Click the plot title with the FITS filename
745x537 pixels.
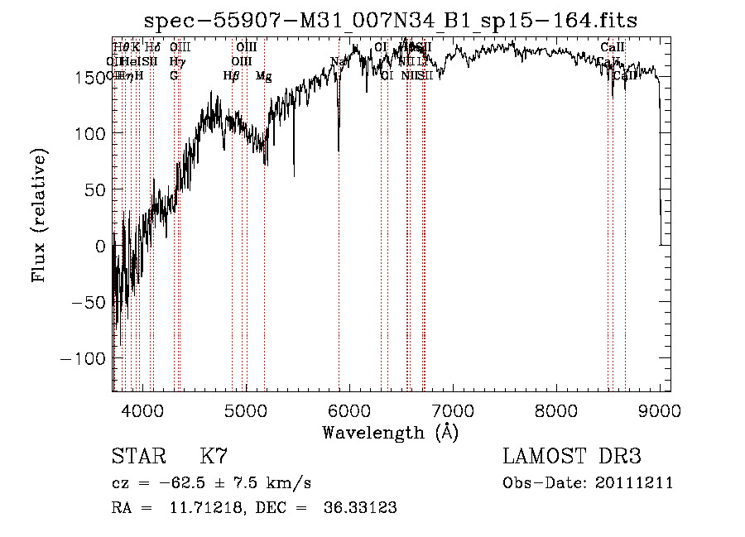pyautogui.click(x=390, y=20)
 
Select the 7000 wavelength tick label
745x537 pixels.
pyautogui.click(x=452, y=410)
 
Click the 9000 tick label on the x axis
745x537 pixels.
pyautogui.click(x=659, y=410)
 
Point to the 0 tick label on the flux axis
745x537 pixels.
pyautogui.click(x=101, y=246)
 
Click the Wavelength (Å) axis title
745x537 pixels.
pyautogui.click(x=390, y=432)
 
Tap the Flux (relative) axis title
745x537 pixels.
pyautogui.click(x=40, y=215)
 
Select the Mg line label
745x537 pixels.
pyautogui.click(x=263, y=76)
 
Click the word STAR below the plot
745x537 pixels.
pyautogui.click(x=137, y=457)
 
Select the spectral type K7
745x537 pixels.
pyautogui.click(x=214, y=457)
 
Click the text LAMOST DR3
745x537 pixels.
pyautogui.click(x=572, y=457)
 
